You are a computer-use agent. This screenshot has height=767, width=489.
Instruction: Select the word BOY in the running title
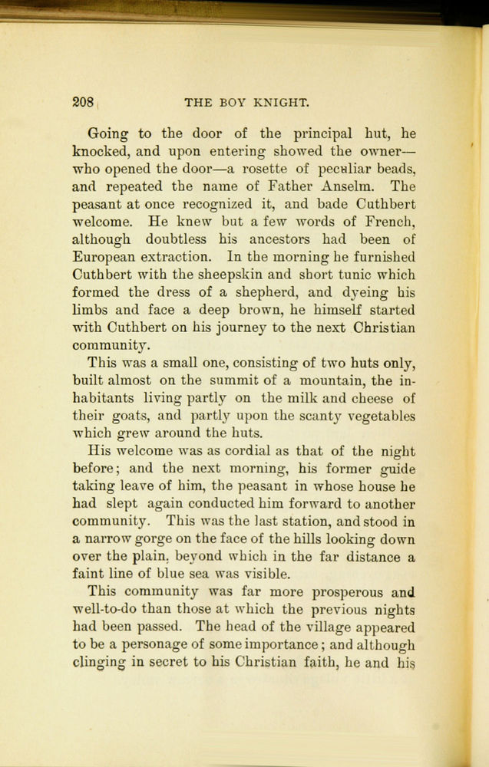236,102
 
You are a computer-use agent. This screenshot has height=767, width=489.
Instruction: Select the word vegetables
376,416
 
